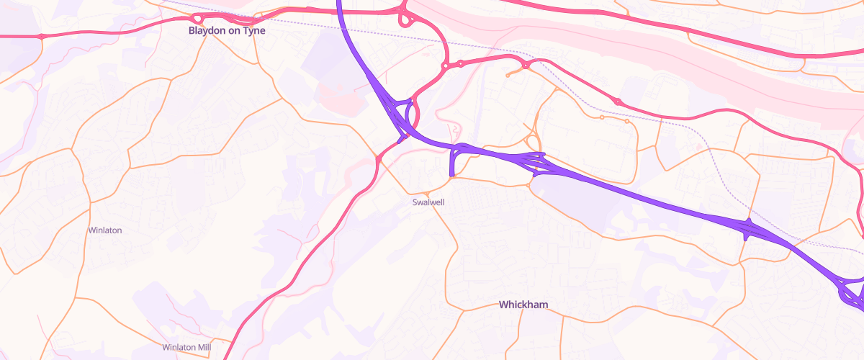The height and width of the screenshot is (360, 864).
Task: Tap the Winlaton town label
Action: (104, 230)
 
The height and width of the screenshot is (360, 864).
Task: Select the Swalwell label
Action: (428, 202)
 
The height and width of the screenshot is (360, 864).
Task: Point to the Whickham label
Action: (523, 305)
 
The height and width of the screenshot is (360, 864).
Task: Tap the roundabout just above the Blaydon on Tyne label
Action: (197, 17)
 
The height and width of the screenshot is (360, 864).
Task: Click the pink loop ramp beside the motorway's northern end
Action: (404, 19)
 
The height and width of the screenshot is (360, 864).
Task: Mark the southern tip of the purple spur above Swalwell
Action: (451, 174)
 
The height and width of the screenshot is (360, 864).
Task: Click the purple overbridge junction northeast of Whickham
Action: (749, 229)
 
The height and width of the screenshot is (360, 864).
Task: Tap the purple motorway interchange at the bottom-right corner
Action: (852, 292)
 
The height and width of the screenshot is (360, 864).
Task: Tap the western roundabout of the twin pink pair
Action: (446, 66)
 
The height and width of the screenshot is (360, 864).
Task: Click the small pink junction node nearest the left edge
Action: (41, 36)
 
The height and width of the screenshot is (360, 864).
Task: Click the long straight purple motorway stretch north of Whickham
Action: (648, 194)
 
